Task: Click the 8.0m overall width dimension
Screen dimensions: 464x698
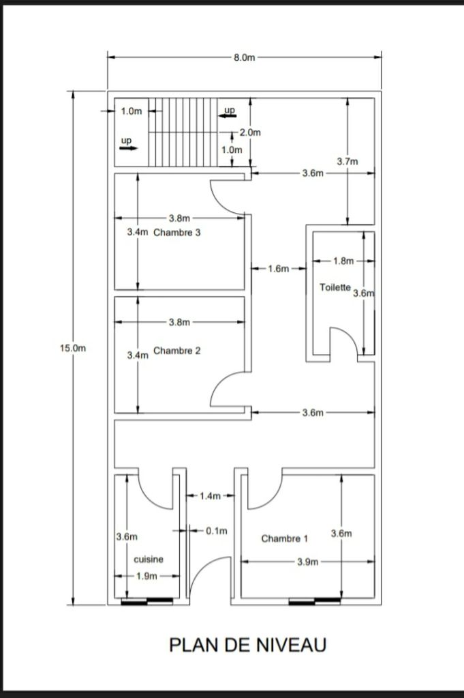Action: click(x=245, y=57)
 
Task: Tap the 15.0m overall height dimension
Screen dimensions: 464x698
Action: click(x=73, y=348)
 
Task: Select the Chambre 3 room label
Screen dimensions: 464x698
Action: click(x=177, y=233)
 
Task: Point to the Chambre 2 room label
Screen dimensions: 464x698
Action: click(x=177, y=351)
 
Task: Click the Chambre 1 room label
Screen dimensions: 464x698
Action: click(x=284, y=538)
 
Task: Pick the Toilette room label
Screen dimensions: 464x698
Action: click(x=335, y=287)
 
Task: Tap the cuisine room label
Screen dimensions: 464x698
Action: click(x=149, y=559)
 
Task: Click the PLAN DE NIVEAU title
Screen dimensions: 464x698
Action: click(x=248, y=645)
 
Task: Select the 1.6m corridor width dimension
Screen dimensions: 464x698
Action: click(x=279, y=268)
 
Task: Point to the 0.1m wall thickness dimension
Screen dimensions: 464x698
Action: click(x=217, y=531)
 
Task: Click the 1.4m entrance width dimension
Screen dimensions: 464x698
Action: click(x=210, y=496)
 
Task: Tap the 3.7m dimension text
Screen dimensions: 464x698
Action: click(x=347, y=162)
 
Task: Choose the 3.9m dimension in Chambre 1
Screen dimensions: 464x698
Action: click(x=307, y=562)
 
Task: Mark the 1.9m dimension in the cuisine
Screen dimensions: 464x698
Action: click(x=146, y=576)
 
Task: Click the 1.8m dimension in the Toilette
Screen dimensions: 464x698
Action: click(x=343, y=261)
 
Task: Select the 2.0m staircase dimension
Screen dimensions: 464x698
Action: click(x=250, y=132)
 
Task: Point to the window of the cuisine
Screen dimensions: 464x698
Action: click(x=147, y=602)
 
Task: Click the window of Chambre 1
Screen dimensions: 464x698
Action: click(x=315, y=602)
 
